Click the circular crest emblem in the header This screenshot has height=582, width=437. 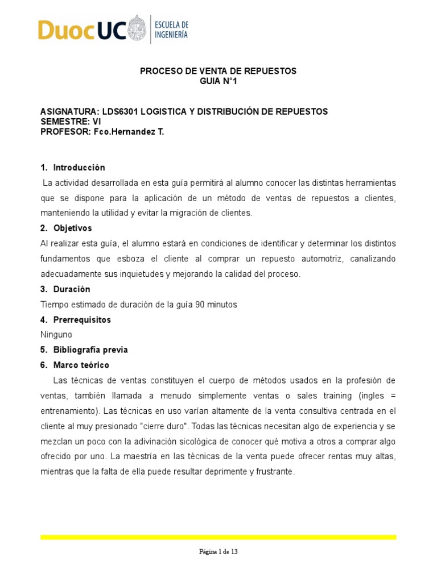pos(137,30)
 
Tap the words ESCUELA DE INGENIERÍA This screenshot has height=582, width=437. pos(172,30)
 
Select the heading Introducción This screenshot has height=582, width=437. pos(79,168)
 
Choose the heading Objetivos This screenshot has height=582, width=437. pos(72,228)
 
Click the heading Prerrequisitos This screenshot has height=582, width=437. pos(82,319)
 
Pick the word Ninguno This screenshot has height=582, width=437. pos(57,335)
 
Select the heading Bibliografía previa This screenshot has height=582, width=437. pos(90,350)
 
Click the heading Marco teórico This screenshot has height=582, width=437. pos(81,365)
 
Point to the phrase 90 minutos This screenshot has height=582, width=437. pos(216,305)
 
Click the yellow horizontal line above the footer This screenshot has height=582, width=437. pos(218,537)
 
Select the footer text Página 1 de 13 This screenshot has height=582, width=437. pos(218,551)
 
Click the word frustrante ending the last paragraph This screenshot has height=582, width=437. pos(274,471)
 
